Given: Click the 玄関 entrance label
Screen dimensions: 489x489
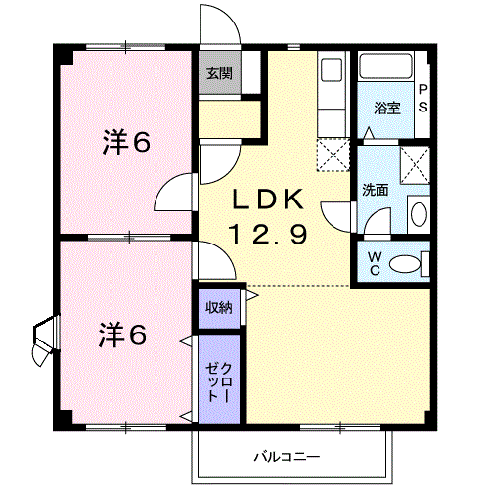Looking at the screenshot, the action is pos(220,73).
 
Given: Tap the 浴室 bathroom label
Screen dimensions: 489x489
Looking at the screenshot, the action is pos(387,108).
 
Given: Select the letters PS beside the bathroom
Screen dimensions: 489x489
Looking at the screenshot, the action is pos(422,98).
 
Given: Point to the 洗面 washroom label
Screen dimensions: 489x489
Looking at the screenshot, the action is pos(376,190).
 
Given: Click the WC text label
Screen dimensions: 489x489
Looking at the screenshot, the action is pos(375,264).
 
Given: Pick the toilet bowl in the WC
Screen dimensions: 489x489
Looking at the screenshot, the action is pos(405,264).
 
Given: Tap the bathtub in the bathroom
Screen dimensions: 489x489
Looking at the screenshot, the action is pos(385,67).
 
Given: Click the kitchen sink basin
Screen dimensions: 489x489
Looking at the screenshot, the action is pos(332,69).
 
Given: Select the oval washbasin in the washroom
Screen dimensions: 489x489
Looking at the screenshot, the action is pos(419,214).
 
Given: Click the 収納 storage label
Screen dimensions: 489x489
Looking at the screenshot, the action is pos(219,307).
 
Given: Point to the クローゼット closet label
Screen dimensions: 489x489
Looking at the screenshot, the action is pos(219,382).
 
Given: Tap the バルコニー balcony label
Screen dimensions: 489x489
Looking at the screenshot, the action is pos(287,457).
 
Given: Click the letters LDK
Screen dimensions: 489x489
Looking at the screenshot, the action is pos(268,200).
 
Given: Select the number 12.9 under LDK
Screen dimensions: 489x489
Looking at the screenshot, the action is pos(269,234).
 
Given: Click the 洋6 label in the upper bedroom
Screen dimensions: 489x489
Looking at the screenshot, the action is pos(126,142).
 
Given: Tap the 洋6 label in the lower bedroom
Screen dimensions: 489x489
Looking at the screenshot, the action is pos(122,333).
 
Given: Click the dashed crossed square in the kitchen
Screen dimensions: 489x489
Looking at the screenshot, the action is pos(333,155).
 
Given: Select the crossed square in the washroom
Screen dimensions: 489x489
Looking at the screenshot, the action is pos(415,165).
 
